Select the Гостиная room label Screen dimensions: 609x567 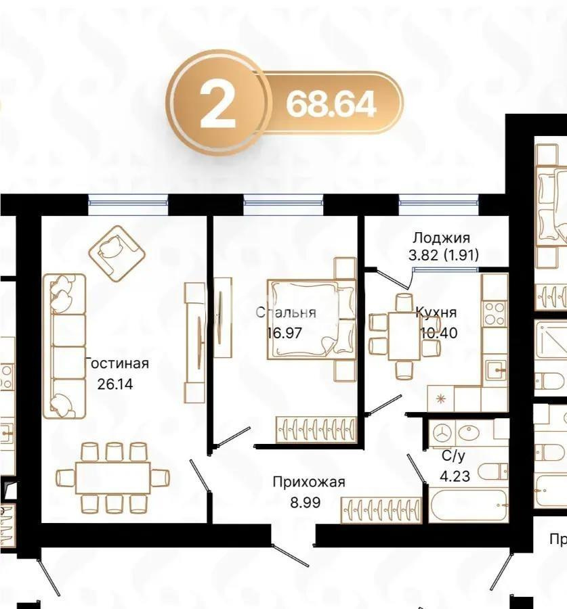[x=117, y=364]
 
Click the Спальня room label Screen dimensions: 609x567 [x=286, y=313]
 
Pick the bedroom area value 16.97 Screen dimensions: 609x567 [x=285, y=332]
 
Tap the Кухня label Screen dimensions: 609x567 [x=436, y=313]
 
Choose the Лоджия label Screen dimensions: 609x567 [x=441, y=238]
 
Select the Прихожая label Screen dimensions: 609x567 [x=309, y=482]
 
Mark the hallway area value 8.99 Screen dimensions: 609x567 [x=305, y=502]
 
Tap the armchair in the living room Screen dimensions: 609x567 [x=117, y=253]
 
